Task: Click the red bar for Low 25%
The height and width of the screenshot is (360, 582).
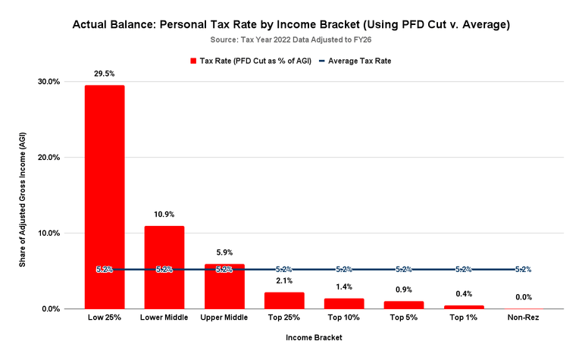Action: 105,197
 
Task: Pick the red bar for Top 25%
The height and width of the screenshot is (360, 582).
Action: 284,300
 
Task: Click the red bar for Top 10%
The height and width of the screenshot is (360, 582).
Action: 344,303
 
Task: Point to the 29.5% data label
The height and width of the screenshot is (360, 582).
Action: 105,74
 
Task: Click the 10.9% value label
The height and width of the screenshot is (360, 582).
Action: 164,214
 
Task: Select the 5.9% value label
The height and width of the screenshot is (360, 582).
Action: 224,252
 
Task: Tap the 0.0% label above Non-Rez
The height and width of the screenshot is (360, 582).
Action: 523,297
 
